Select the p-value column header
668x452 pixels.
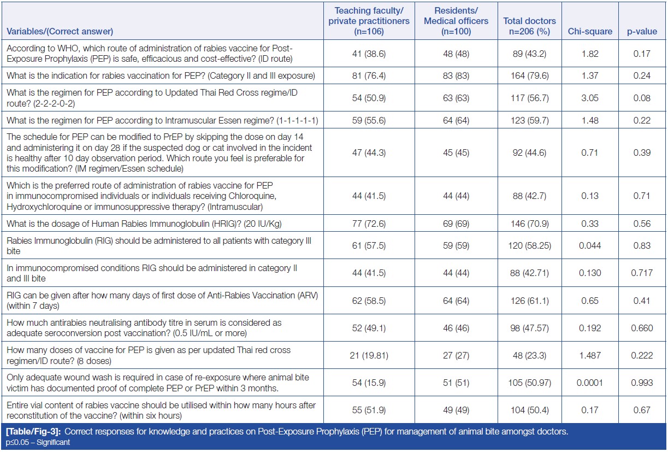(642, 32)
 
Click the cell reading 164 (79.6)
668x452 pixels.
(529, 75)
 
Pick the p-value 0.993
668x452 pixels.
(642, 383)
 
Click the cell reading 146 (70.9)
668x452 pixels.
(529, 223)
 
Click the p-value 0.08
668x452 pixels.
(642, 98)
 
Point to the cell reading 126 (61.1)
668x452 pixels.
(529, 301)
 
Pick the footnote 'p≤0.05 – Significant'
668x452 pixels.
(38, 442)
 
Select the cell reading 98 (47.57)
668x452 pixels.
(529, 328)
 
